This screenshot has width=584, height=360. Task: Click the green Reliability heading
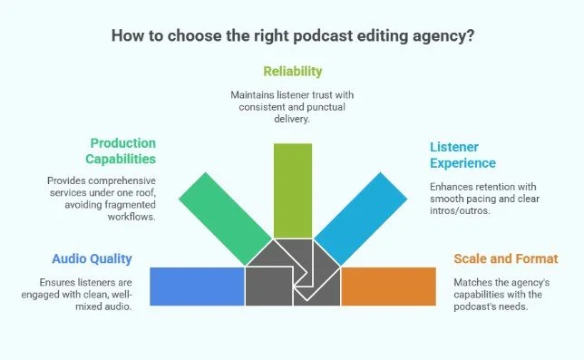[x=292, y=70]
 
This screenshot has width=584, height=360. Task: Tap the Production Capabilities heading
[x=123, y=151]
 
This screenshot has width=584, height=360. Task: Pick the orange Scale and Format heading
[x=500, y=258]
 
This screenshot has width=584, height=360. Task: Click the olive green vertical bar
[x=292, y=190]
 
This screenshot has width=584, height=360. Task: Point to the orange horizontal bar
[x=388, y=287]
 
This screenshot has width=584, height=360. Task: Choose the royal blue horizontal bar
[x=197, y=287]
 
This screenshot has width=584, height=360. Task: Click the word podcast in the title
[x=314, y=37]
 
